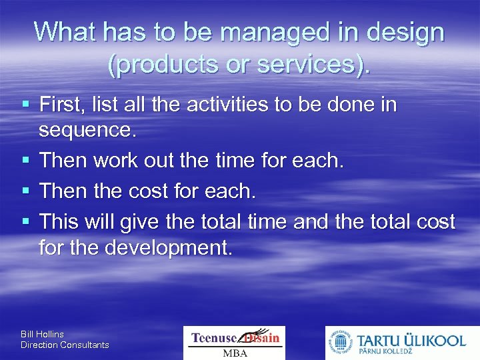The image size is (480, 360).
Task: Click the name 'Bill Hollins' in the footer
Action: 43,333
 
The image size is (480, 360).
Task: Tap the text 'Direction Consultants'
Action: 65,345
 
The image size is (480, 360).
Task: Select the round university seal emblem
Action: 339,343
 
